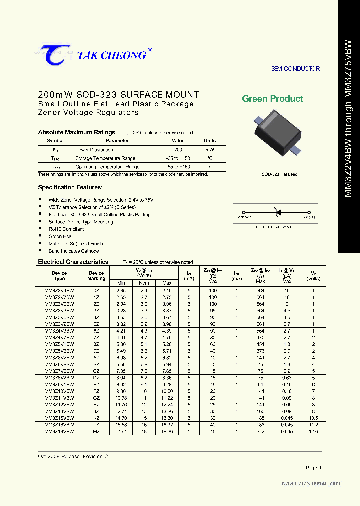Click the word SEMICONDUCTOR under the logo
(295, 69)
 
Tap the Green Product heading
(272, 99)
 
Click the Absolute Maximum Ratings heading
(77, 132)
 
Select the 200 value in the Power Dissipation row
(178, 150)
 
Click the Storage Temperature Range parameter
(107, 158)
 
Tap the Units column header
(210, 141)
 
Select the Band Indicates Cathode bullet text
(74, 251)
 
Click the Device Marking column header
(96, 276)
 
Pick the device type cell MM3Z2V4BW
(59, 290)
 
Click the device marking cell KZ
(96, 418)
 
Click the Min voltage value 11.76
(121, 404)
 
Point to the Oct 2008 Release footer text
(73, 457)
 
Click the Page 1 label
(313, 468)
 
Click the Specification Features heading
(70, 187)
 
